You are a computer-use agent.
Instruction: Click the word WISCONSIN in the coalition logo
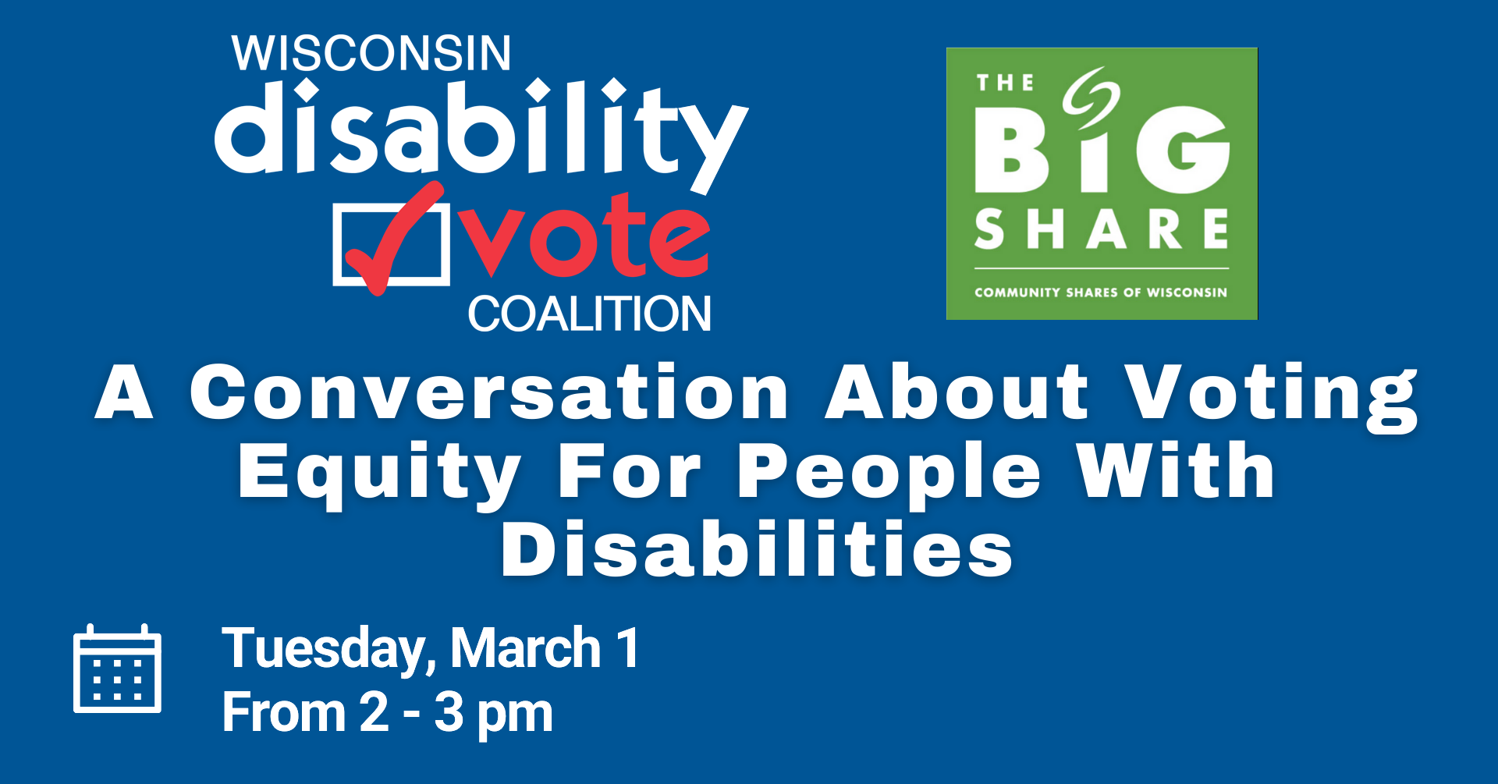(x=371, y=54)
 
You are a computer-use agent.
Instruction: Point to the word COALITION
(x=589, y=314)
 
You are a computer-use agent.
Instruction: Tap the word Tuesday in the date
(x=324, y=649)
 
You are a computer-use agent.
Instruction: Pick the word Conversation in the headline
(x=489, y=392)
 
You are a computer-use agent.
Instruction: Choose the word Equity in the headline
(x=380, y=472)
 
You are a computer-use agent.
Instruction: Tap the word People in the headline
(x=889, y=472)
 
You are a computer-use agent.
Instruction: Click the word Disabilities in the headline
(x=757, y=551)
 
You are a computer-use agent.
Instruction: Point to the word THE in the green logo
(x=1005, y=83)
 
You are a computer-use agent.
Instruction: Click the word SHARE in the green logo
(x=1102, y=229)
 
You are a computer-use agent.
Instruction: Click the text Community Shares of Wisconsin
(x=1101, y=293)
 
